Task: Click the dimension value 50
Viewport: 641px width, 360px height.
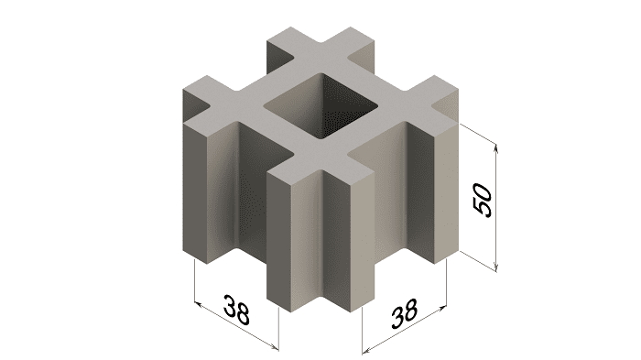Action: coord(483,201)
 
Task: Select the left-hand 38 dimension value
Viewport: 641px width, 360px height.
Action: coord(236,310)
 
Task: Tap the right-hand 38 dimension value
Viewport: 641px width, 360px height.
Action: coord(405,313)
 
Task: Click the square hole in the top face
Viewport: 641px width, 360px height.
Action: coord(320,104)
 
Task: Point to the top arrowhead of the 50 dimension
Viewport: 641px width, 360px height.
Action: coord(496,148)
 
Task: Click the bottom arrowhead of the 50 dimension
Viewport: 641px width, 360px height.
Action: coord(496,267)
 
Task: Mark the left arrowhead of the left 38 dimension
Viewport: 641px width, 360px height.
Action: coord(199,305)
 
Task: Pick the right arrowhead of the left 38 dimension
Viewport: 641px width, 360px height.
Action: coord(275,347)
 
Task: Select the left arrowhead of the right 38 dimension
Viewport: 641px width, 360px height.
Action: coord(366,350)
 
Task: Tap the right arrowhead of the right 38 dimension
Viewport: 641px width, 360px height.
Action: coord(441,308)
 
